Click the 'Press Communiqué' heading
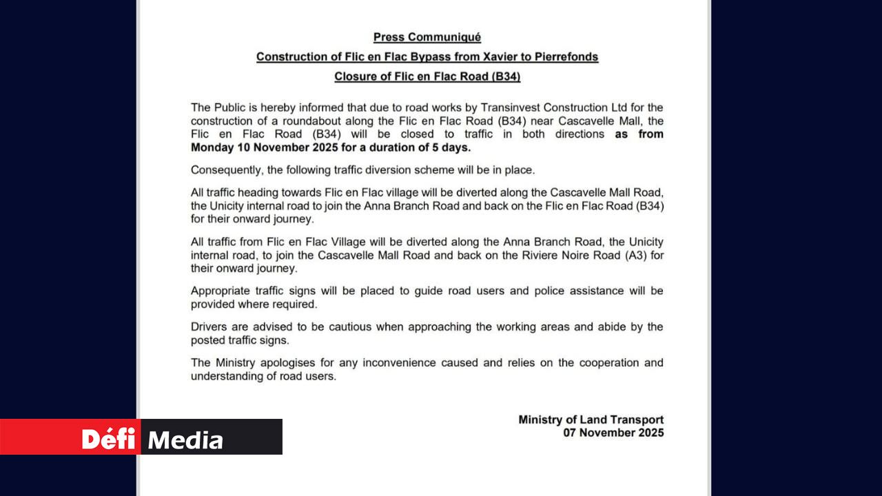pyautogui.click(x=427, y=37)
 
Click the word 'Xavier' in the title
pyautogui.click(x=464, y=56)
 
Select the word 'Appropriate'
pyautogui.click(x=220, y=291)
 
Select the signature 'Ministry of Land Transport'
pyautogui.click(x=591, y=420)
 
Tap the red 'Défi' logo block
pyautogui.click(x=70, y=437)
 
